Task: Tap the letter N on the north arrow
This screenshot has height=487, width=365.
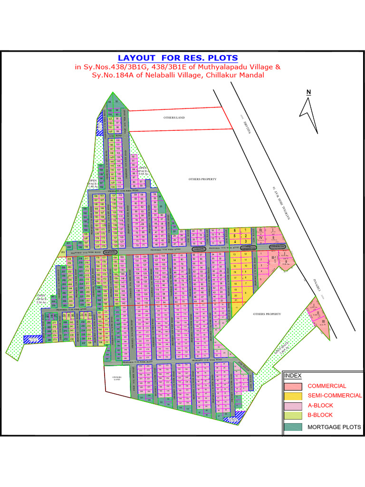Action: (x=308, y=92)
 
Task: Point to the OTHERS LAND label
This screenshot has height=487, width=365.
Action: (x=174, y=117)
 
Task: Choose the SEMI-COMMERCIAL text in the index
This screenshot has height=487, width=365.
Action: (x=334, y=396)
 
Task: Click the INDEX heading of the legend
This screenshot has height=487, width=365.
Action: (x=293, y=376)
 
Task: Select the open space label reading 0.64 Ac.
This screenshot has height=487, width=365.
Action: (x=143, y=171)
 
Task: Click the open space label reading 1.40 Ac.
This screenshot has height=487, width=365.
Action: (x=92, y=184)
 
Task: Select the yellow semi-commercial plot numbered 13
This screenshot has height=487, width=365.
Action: (x=234, y=254)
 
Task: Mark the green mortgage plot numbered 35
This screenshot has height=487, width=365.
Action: (x=162, y=206)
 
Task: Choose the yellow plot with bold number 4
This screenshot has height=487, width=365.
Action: (x=235, y=242)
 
